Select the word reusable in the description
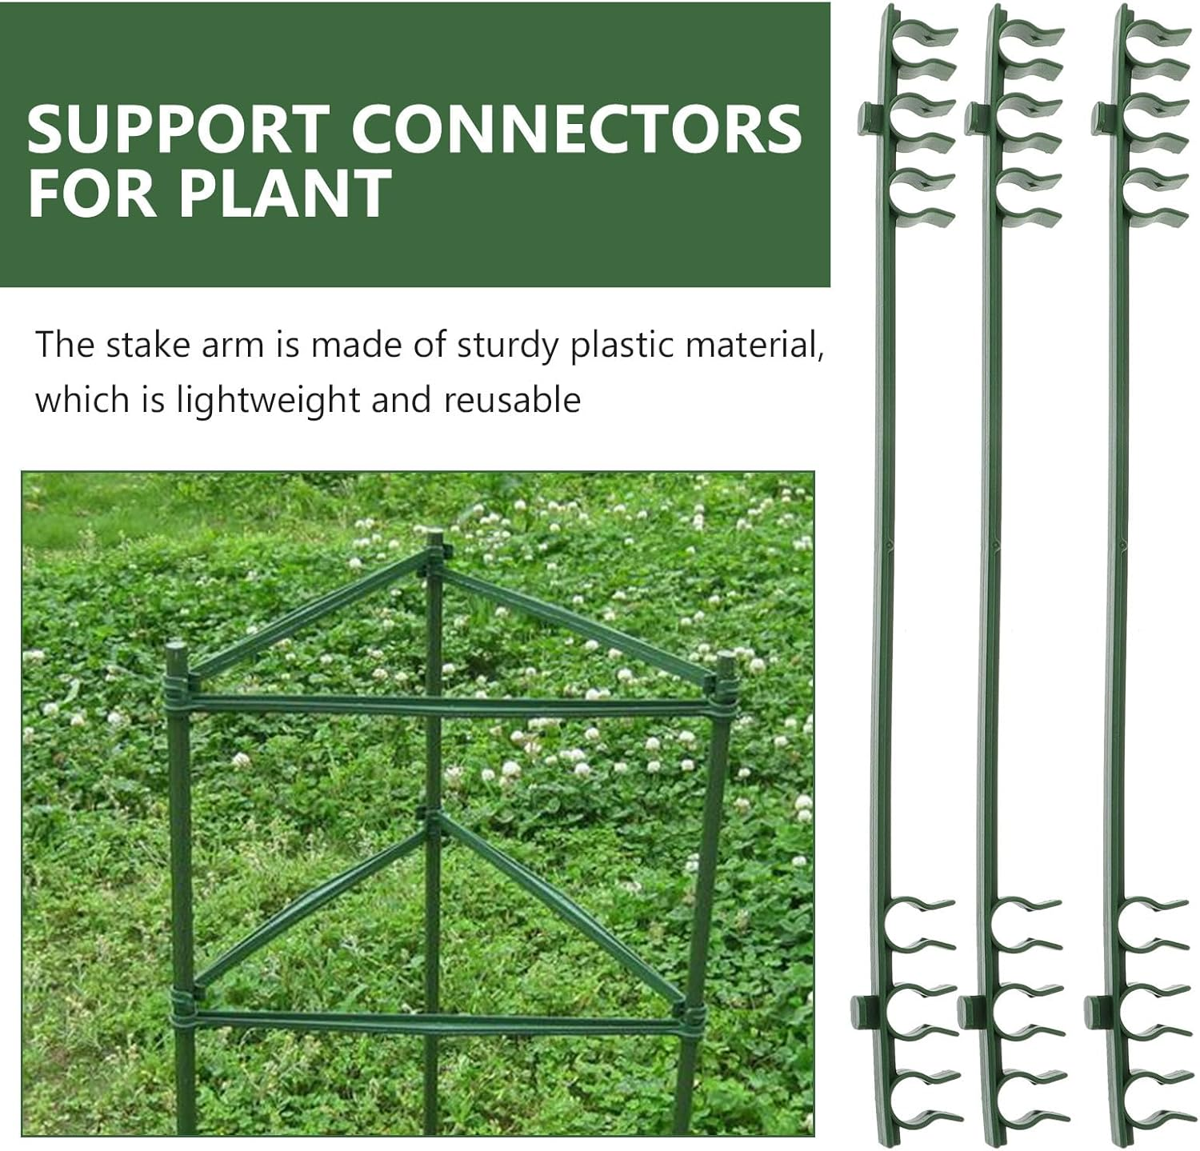[x=512, y=398]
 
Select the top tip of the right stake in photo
[x=726, y=661]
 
